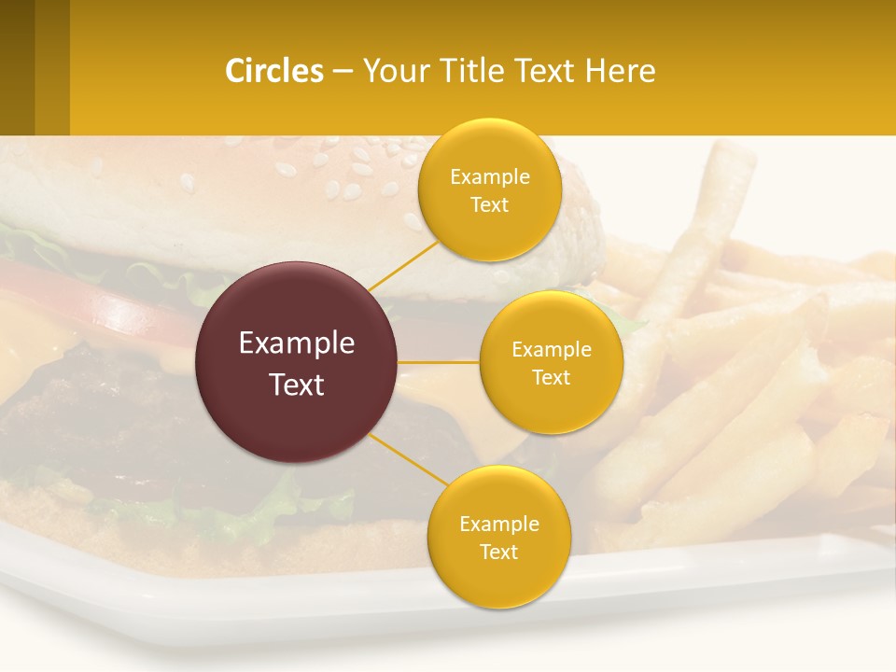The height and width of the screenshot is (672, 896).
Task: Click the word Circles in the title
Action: [x=274, y=71]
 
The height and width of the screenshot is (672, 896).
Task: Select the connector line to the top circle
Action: [x=403, y=264]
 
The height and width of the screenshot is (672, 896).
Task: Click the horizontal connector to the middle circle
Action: [x=439, y=361]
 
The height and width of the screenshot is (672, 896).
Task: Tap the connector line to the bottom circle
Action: [x=409, y=460]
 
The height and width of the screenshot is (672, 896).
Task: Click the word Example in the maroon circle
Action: [x=297, y=343]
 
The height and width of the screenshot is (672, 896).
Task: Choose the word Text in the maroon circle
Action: [x=297, y=385]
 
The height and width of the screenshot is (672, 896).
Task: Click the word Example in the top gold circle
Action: [x=489, y=177]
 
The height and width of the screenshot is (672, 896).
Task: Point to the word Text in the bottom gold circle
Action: [x=498, y=552]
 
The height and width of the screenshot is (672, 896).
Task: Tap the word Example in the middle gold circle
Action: [x=551, y=350]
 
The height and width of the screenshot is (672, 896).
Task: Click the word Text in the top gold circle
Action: [x=489, y=204]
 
